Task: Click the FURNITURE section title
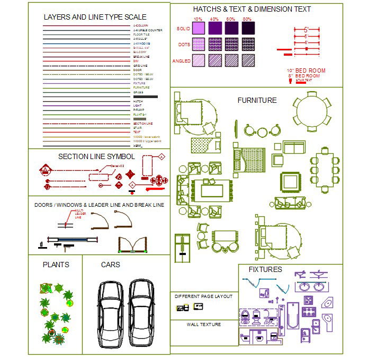click(x=257, y=100)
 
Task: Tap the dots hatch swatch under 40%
click(x=215, y=43)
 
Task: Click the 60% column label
click(x=231, y=19)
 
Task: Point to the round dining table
click(x=313, y=111)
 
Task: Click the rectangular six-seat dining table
click(x=324, y=170)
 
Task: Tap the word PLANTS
click(x=56, y=264)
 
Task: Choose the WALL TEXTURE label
click(x=204, y=324)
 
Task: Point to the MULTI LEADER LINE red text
click(x=78, y=213)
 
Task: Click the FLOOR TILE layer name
click(x=141, y=34)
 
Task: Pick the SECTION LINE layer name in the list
click(x=142, y=123)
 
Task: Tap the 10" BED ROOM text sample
click(x=307, y=71)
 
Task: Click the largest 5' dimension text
click(x=306, y=30)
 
